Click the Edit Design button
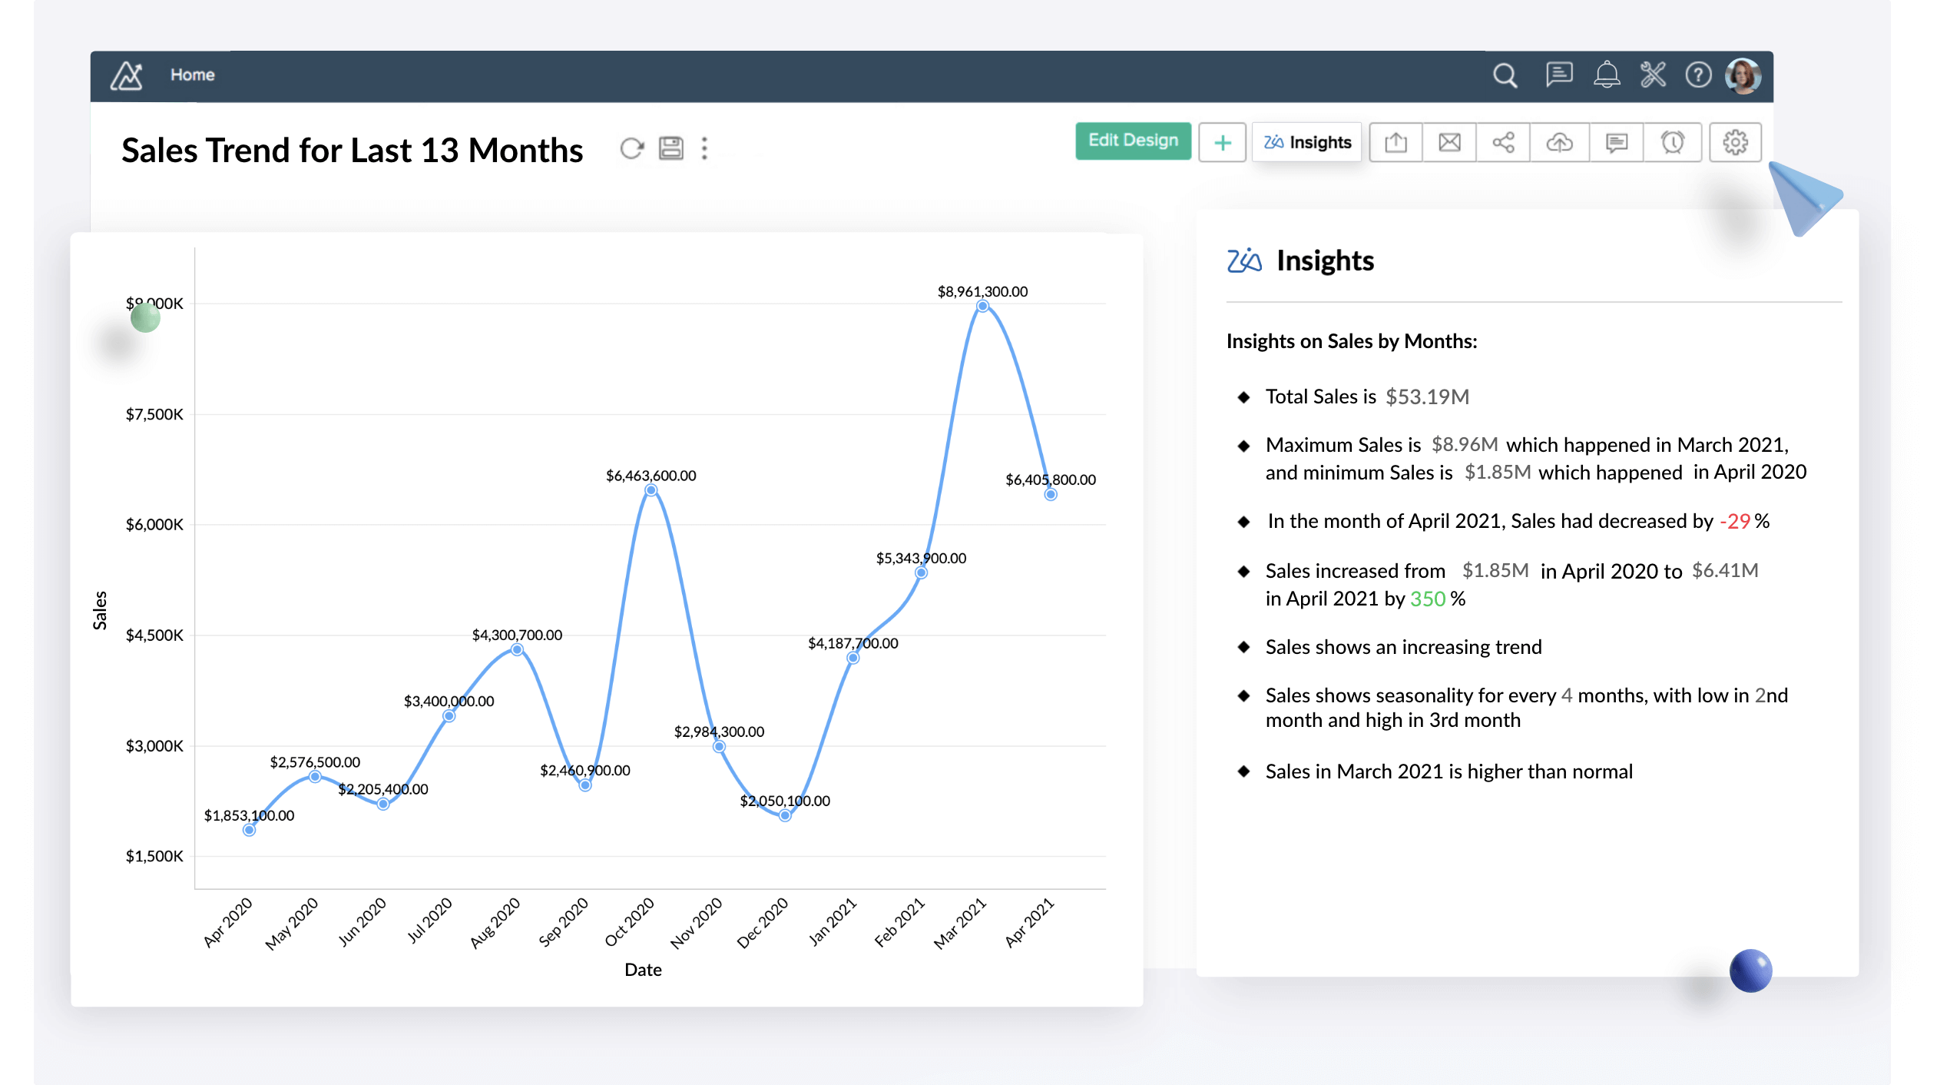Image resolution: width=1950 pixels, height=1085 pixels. pos(1133,141)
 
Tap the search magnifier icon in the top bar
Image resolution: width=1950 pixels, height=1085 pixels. pos(1505,75)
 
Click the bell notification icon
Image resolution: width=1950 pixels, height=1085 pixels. pos(1606,75)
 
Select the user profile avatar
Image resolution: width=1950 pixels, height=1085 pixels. pos(1743,76)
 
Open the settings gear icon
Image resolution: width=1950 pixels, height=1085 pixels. pos(1735,142)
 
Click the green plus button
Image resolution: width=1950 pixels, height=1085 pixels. pos(1222,143)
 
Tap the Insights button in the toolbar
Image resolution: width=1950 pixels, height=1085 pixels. pos(1307,142)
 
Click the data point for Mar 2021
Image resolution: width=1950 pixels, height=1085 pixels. pos(982,306)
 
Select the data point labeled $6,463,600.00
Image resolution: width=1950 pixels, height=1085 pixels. pos(651,490)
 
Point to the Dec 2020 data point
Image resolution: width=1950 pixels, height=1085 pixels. pos(784,815)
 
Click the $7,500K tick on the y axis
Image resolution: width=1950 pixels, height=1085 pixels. pos(154,415)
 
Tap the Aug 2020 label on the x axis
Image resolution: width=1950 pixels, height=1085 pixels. pos(495,922)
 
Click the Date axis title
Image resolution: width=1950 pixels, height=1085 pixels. pos(643,970)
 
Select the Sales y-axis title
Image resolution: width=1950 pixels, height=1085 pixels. pos(100,610)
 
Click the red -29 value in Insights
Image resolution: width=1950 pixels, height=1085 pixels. pos(1735,522)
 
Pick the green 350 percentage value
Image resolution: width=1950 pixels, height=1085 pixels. pos(1428,599)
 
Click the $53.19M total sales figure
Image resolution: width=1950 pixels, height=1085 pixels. pos(1427,397)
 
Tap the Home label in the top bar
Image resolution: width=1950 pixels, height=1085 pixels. pos(192,75)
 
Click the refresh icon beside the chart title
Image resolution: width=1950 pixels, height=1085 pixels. pos(631,148)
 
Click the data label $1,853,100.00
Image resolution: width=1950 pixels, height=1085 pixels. pos(249,815)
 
